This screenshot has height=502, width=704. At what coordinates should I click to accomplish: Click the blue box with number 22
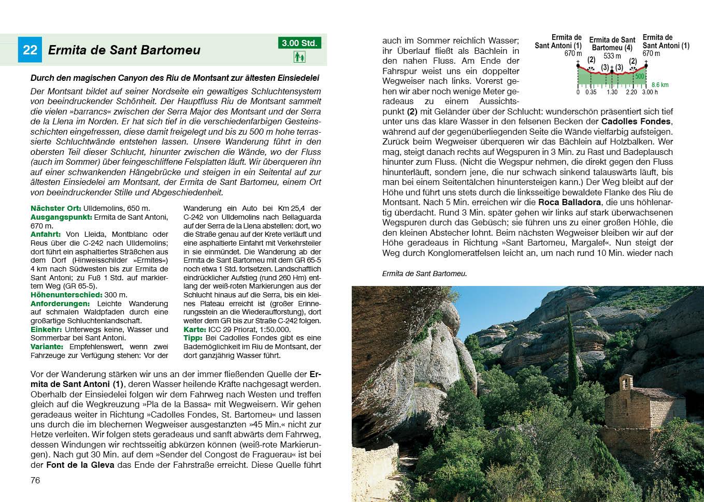(30, 50)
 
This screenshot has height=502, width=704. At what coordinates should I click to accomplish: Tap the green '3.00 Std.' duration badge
(299, 43)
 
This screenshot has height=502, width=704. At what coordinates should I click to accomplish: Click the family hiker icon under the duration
(299, 56)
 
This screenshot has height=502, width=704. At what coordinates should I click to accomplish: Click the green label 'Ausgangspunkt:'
(56, 217)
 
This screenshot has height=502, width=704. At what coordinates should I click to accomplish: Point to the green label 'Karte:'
(195, 329)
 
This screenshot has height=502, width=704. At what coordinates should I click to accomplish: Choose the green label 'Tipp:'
(193, 338)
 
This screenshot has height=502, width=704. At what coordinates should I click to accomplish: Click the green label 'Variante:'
(47, 347)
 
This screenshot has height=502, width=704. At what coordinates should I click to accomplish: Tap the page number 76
(35, 480)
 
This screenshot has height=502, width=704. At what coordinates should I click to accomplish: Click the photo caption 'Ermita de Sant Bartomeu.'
(424, 274)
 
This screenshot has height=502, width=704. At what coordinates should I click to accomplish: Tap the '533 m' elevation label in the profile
(612, 56)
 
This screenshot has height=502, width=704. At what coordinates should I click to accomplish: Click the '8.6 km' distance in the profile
(660, 85)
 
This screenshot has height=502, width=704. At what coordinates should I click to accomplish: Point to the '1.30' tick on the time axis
(612, 92)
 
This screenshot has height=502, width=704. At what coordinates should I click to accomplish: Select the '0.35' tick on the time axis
(591, 92)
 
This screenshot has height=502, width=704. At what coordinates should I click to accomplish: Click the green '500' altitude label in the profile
(640, 77)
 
